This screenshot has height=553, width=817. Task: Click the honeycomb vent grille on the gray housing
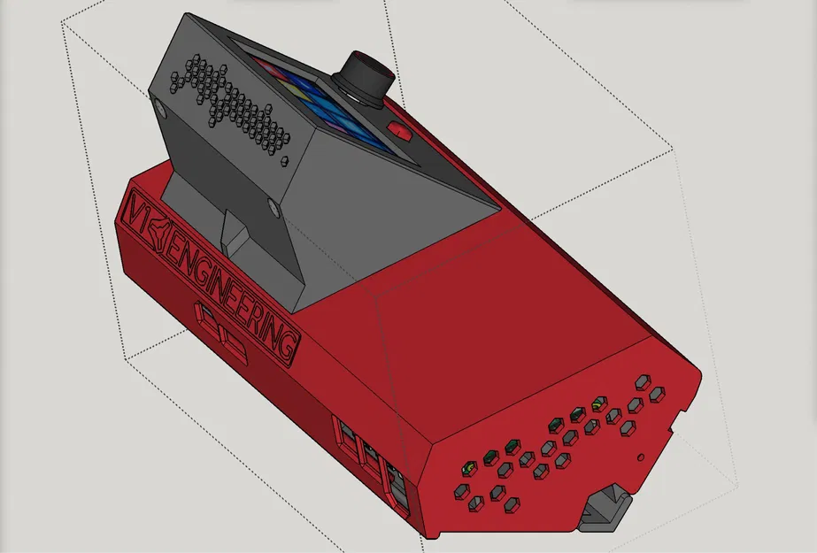pos(232,104)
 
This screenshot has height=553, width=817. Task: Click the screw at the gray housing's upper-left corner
pos(159,105)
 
